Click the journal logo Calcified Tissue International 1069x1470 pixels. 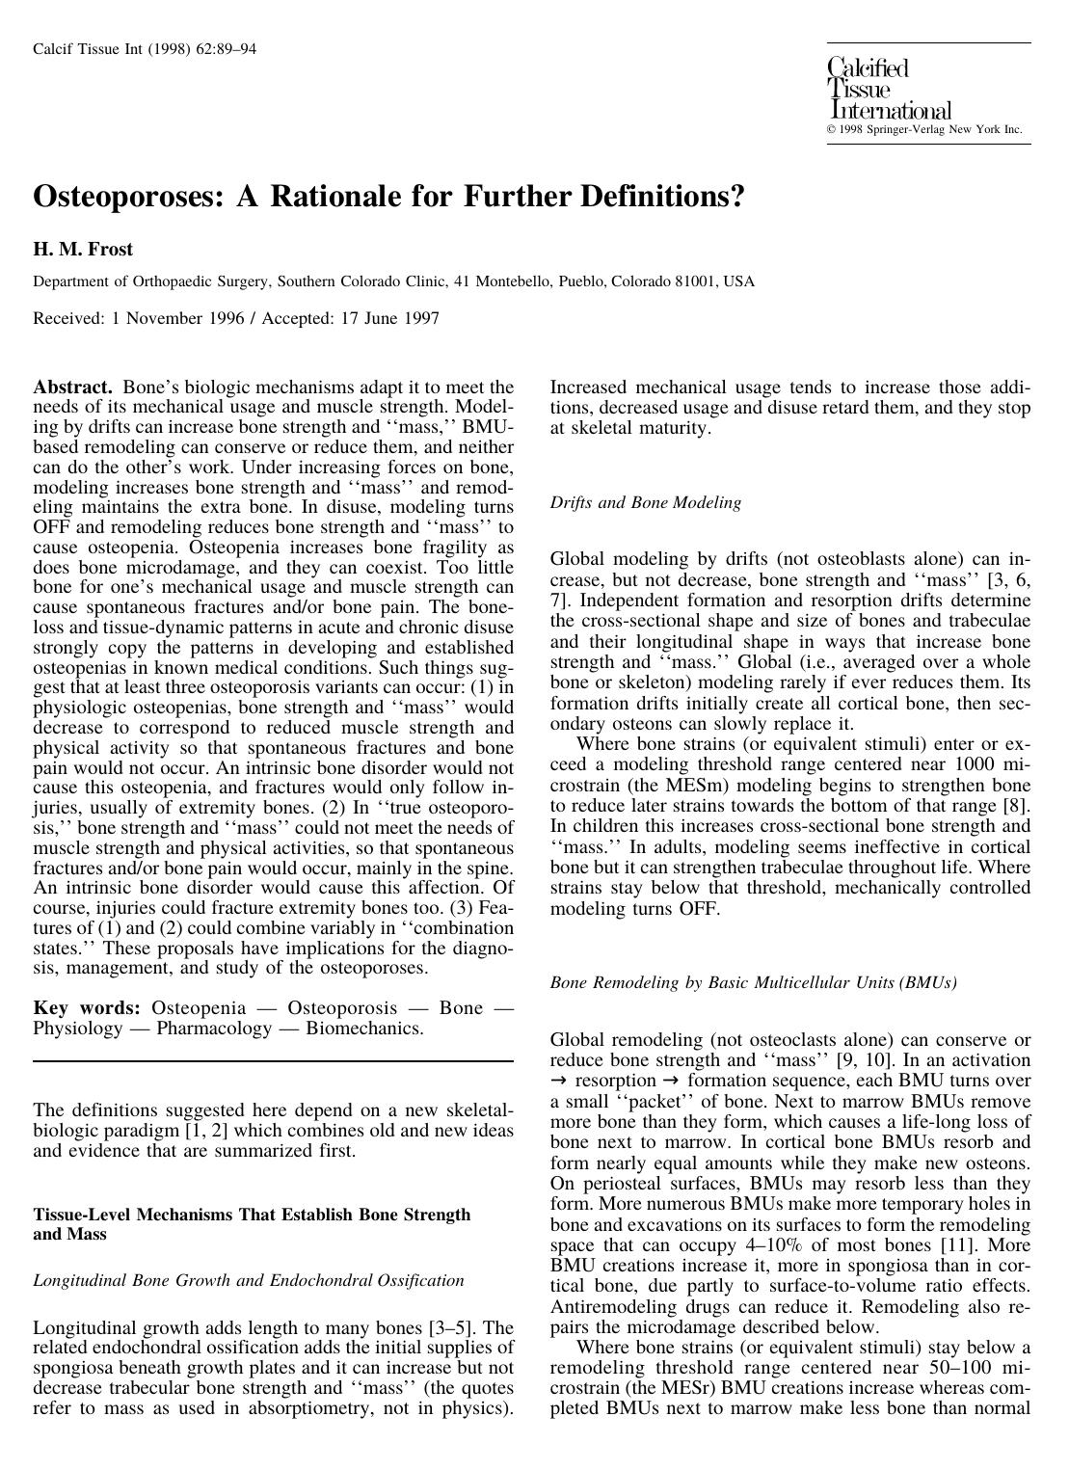point(888,90)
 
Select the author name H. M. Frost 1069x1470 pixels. point(83,250)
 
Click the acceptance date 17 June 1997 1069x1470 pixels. point(389,318)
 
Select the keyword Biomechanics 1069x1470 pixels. point(364,1029)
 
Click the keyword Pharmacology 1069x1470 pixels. point(214,1029)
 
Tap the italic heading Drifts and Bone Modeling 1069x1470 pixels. point(645,502)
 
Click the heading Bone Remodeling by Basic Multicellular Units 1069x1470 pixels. point(753,983)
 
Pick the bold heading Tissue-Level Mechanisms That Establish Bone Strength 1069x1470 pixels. point(252,1215)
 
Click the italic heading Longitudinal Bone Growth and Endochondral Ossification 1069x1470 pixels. point(249,1281)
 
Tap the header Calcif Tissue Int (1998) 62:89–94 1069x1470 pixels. point(145,49)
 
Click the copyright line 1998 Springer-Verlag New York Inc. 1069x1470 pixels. point(929,130)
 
